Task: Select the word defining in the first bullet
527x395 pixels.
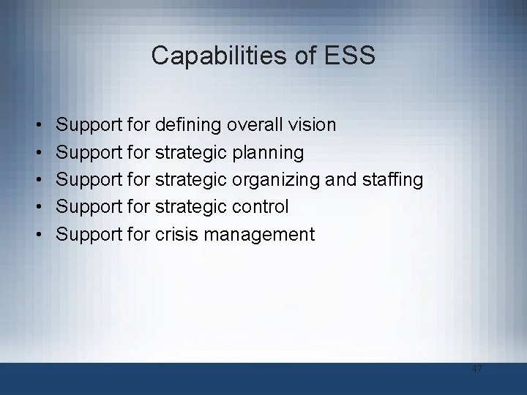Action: pyautogui.click(x=188, y=126)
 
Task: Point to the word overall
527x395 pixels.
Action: pyautogui.click(x=252, y=125)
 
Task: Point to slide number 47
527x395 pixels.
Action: pyautogui.click(x=476, y=369)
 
